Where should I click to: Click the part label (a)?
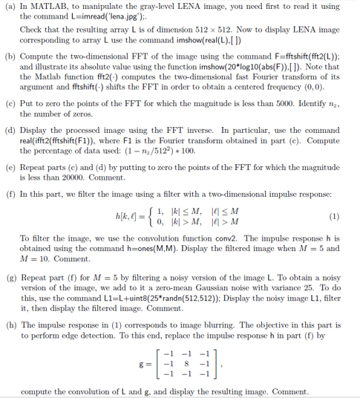pyautogui.click(x=10, y=6)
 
